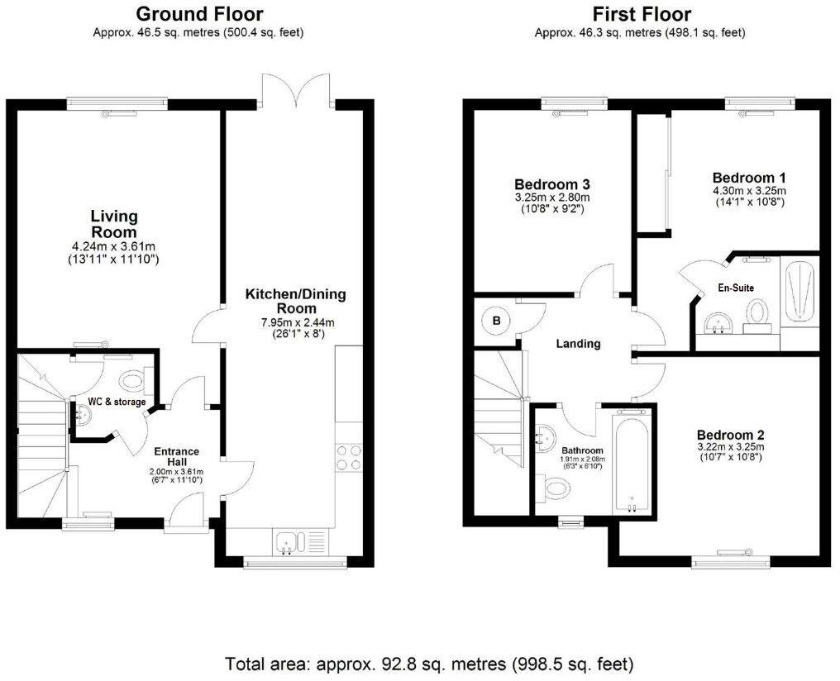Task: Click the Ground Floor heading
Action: [x=199, y=13]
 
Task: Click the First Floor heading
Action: [x=642, y=13]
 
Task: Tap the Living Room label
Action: [x=114, y=224]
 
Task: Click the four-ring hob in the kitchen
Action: [x=349, y=459]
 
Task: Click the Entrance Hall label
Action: [x=176, y=457]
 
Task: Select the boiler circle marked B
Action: [x=497, y=321]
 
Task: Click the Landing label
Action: [x=578, y=344]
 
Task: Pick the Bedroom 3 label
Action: [x=552, y=184]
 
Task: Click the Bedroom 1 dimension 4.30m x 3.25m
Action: [x=749, y=191]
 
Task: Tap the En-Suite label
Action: [x=736, y=288]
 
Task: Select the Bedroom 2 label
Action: [x=730, y=436]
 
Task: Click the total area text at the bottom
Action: [x=429, y=664]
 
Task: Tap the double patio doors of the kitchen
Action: [x=295, y=88]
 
